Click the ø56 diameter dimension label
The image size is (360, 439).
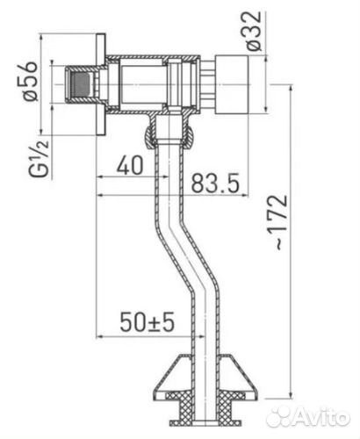(x=31, y=81)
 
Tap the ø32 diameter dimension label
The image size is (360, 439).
(x=253, y=31)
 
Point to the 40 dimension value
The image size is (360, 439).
(x=130, y=165)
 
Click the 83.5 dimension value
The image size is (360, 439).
(x=215, y=183)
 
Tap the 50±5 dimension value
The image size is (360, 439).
(x=147, y=322)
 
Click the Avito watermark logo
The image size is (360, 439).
(x=308, y=416)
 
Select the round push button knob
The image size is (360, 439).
(x=232, y=84)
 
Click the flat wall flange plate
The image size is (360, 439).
(x=101, y=84)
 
